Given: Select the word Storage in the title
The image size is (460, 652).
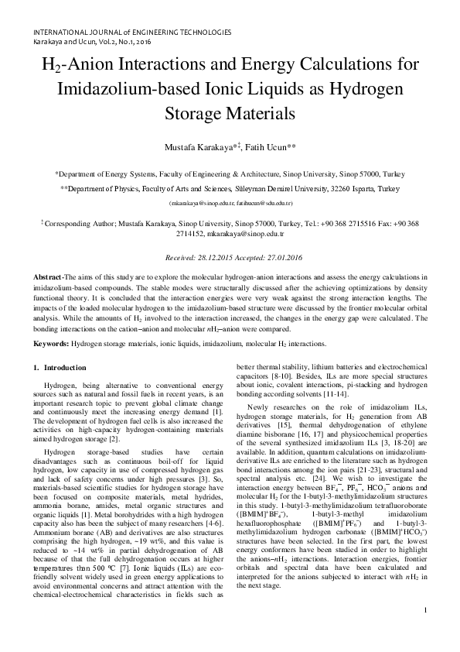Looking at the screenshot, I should click(193, 112).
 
